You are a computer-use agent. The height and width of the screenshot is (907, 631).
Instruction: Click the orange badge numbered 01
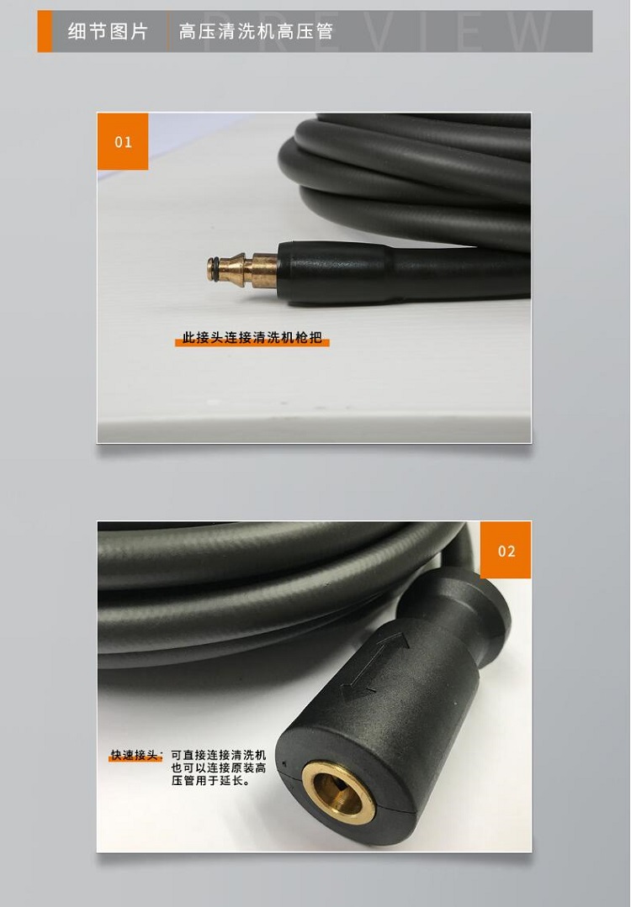point(123,141)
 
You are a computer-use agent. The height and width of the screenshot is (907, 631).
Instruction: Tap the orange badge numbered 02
point(506,550)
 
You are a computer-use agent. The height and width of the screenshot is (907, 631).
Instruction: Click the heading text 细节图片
point(108,31)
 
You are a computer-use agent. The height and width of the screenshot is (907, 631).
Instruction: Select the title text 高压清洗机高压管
point(256,31)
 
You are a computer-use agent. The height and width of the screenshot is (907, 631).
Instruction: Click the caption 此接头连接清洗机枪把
point(252,337)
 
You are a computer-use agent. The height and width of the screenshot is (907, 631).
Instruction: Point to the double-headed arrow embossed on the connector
point(375,664)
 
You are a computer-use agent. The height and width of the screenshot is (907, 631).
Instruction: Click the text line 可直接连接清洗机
point(218,755)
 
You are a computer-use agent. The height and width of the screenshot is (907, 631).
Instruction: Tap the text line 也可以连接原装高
point(218,767)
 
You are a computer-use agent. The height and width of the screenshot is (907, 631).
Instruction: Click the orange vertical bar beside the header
point(45,31)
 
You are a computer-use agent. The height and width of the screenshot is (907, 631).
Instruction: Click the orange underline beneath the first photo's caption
point(252,343)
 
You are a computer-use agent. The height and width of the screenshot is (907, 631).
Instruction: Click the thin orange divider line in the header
point(168,31)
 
